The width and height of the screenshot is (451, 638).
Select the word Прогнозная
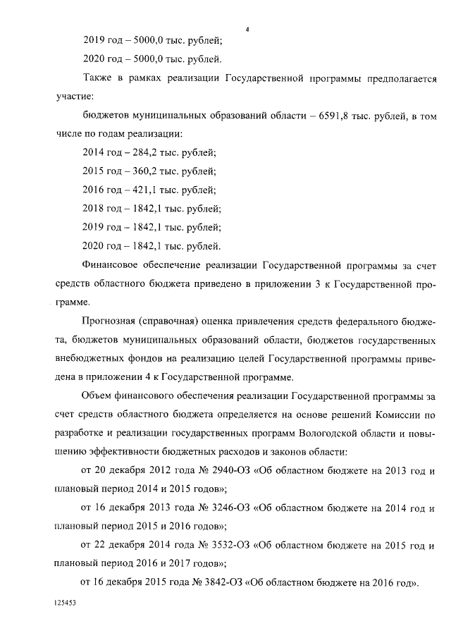111,322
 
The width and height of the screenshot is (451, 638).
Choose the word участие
72,96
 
